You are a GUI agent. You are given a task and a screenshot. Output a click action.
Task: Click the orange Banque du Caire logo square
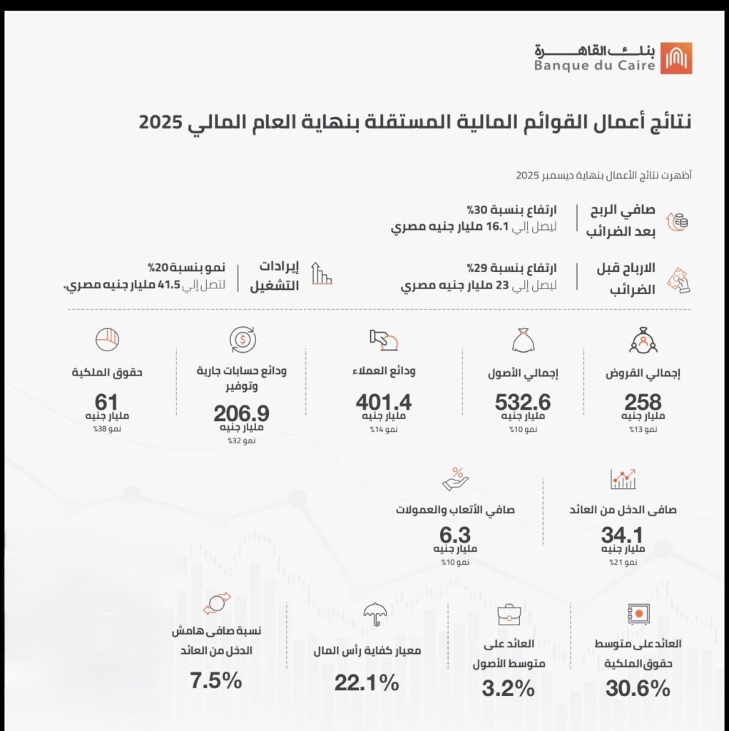(x=676, y=58)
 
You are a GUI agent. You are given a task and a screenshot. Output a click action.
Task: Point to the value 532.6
(x=524, y=402)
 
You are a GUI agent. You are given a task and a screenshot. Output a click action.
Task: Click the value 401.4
(x=384, y=402)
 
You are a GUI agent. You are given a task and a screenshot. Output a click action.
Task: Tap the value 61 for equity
(x=106, y=402)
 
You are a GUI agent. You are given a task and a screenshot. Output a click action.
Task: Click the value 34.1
(x=623, y=535)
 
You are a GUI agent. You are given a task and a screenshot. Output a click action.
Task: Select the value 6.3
(x=455, y=535)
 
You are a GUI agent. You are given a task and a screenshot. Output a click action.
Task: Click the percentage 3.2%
(x=509, y=689)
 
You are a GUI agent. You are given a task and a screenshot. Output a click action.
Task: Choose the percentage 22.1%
(x=367, y=682)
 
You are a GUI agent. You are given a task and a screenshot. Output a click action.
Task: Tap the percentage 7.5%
(x=216, y=681)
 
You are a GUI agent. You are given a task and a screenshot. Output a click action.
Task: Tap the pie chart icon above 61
(x=106, y=338)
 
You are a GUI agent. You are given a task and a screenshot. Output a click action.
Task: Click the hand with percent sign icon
(x=455, y=478)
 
